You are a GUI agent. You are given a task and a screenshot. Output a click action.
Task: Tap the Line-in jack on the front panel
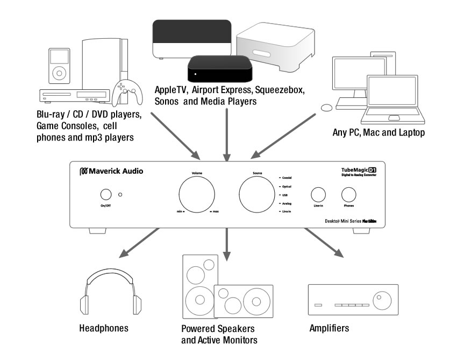coord(318,195)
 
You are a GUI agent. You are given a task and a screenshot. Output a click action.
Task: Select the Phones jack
coord(348,195)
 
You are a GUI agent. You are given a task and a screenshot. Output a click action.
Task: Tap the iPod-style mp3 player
coord(58,67)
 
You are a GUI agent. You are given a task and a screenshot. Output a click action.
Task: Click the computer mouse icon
coord(326,107)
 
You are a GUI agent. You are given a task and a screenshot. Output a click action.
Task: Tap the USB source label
coord(284,195)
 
